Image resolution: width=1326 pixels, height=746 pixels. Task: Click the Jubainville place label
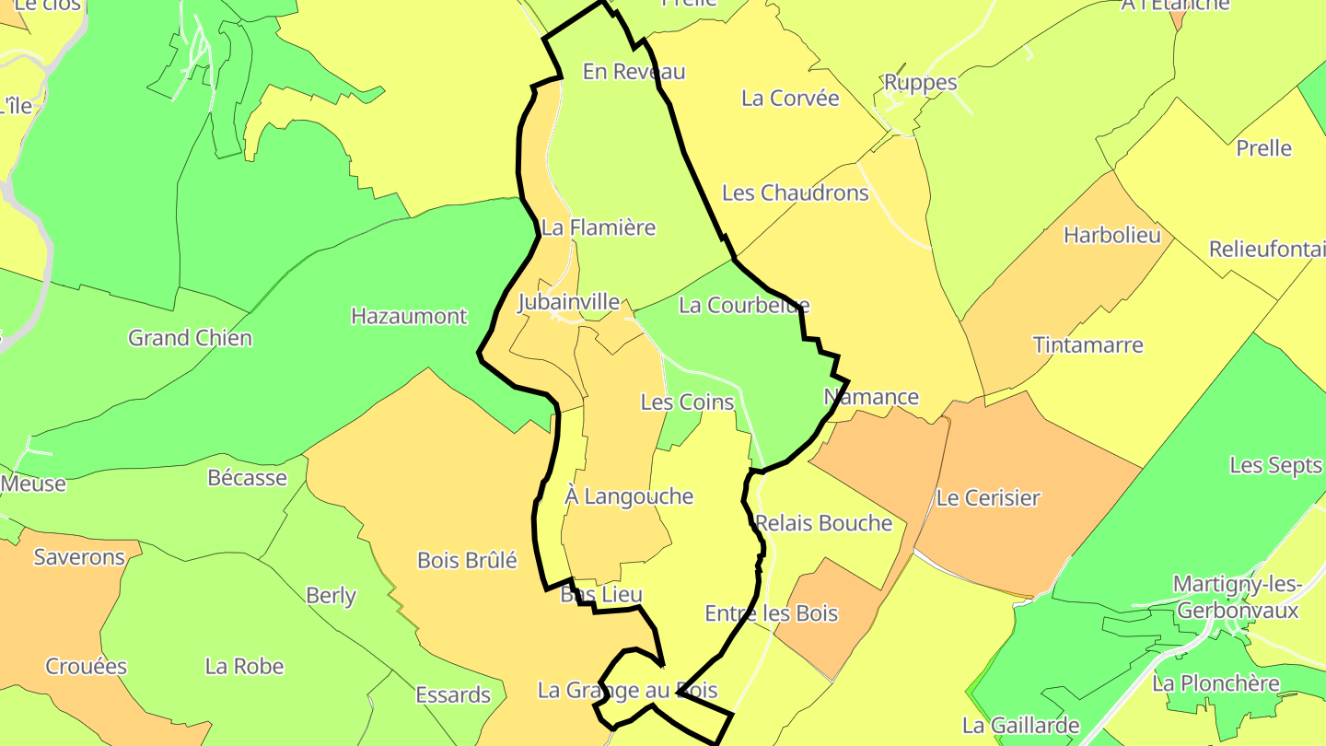568,302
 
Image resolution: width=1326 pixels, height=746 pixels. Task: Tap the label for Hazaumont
409,316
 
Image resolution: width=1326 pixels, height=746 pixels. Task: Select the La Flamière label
599,227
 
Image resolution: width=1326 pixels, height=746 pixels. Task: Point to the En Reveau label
634,72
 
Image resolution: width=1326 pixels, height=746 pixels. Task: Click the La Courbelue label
743,305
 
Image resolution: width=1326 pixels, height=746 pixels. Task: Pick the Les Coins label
687,402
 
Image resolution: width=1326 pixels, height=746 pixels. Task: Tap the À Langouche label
629,496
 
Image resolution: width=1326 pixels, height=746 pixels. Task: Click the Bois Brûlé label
467,560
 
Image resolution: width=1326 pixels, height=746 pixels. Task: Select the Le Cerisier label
988,498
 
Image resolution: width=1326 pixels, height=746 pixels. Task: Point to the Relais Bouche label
824,523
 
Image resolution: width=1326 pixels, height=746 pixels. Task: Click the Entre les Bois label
771,613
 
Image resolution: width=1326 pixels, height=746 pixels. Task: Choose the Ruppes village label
920,83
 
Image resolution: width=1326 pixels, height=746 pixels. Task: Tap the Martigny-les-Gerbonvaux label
1236,597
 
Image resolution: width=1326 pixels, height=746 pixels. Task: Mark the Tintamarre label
1088,345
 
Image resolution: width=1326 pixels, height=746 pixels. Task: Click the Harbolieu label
1111,235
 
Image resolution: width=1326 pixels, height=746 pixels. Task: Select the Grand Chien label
190,338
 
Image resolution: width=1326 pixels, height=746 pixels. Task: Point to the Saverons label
79,557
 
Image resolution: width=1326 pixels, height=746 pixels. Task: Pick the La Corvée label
790,99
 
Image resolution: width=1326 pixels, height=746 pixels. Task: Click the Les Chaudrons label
795,192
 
